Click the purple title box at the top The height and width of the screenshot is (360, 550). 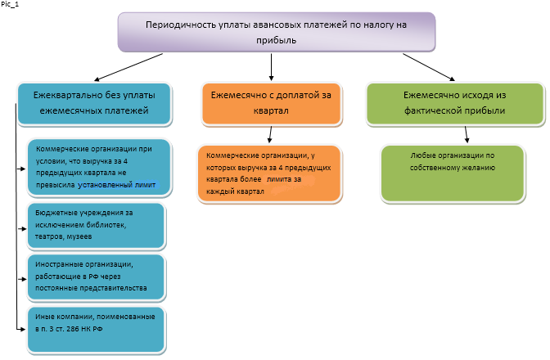click(x=277, y=32)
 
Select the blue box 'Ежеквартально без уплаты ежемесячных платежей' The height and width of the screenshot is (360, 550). click(x=95, y=104)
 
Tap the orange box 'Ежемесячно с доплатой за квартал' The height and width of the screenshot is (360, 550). click(x=271, y=104)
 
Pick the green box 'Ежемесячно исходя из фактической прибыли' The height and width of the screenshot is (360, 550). click(x=455, y=104)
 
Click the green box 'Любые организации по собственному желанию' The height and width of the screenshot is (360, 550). click(x=453, y=173)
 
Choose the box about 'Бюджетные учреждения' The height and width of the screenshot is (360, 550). click(x=96, y=226)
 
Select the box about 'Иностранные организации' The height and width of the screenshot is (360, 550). click(x=96, y=277)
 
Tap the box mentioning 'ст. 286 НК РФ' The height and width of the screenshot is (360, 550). click(x=96, y=330)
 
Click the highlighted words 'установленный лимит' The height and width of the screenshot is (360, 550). click(x=117, y=185)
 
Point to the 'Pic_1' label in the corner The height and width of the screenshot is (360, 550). click(x=10, y=5)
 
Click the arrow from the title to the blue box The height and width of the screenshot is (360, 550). click(x=128, y=67)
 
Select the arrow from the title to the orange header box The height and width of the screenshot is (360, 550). click(x=271, y=67)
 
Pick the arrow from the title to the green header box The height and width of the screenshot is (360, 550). click(x=429, y=67)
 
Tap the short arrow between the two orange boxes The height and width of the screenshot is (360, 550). click(x=270, y=135)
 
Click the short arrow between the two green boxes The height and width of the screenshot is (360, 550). click(x=467, y=135)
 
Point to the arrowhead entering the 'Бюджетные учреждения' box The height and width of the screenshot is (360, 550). click(x=24, y=229)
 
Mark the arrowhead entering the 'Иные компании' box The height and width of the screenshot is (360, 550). click(x=22, y=329)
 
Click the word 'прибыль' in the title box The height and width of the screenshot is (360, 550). click(x=277, y=41)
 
